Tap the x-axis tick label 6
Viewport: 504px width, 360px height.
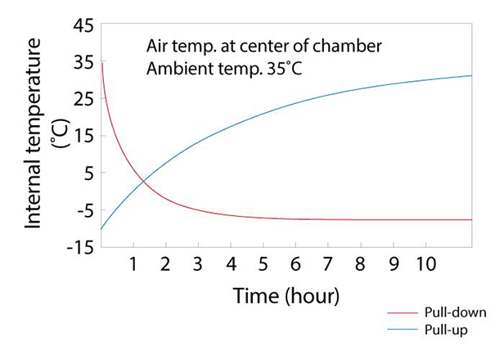coord(295,264)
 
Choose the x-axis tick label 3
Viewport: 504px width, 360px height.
coord(197,264)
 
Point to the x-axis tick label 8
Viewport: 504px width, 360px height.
coord(361,264)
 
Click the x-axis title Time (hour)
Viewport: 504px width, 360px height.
coord(286,295)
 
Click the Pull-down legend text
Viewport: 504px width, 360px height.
coord(456,313)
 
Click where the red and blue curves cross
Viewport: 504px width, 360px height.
coord(143,180)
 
